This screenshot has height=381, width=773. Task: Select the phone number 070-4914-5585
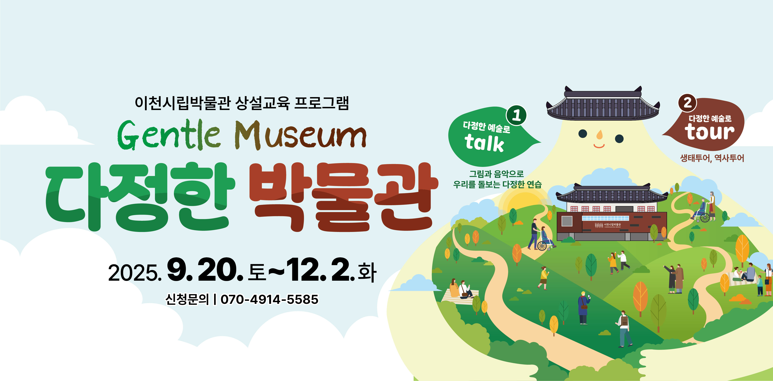click(x=269, y=299)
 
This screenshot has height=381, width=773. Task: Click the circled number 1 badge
click(x=516, y=115)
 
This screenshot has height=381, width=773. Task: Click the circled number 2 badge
click(x=687, y=103)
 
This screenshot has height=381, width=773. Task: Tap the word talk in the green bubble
click(x=484, y=143)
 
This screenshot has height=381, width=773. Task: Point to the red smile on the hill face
click(x=599, y=146)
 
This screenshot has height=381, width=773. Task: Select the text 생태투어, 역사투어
click(x=712, y=158)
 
